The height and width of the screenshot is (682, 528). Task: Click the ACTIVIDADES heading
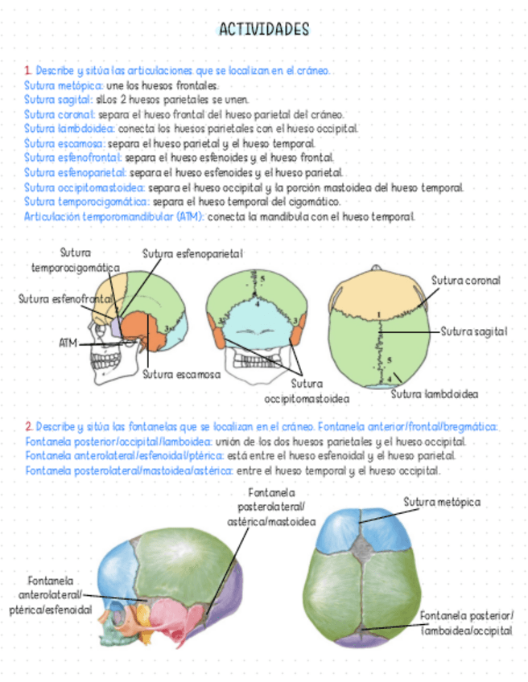263,30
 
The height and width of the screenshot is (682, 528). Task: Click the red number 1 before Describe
27,72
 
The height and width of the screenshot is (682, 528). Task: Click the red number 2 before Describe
28,425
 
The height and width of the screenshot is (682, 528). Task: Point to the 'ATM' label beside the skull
68,343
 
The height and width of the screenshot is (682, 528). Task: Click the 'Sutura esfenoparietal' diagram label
192,254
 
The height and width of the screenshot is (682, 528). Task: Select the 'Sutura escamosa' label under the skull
181,374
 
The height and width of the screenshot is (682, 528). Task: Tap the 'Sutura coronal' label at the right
465,281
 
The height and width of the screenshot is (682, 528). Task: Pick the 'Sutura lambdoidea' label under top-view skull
435,394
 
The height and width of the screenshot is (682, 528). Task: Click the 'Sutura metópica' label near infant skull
441,502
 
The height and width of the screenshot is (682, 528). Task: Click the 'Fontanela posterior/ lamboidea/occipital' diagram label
467,623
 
